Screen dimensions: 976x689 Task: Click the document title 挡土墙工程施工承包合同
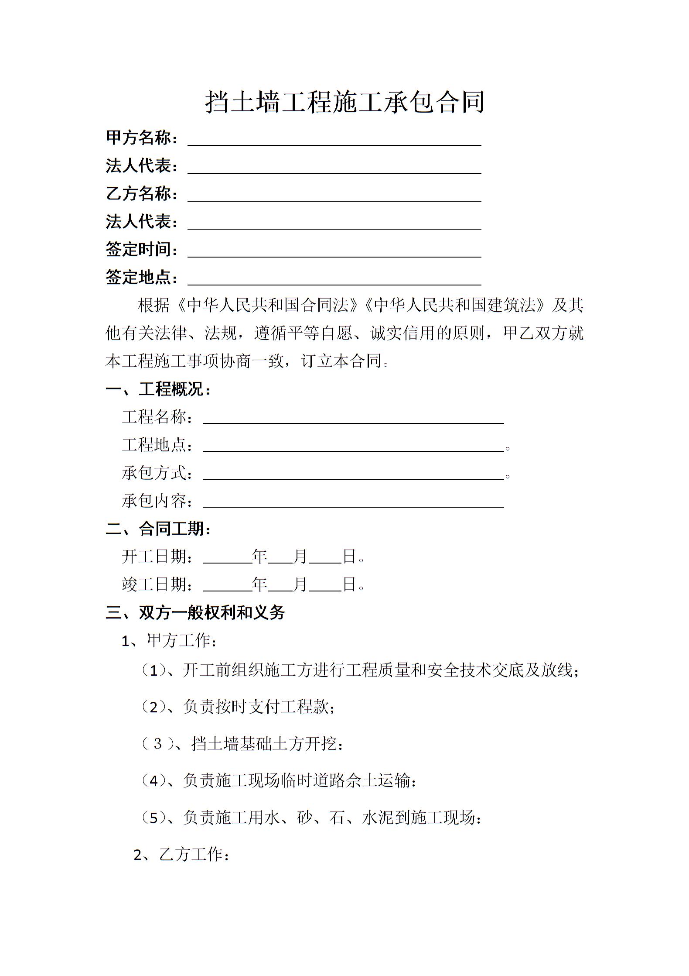pos(344,103)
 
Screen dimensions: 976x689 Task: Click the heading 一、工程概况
pos(158,389)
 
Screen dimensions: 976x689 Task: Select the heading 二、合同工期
pos(158,529)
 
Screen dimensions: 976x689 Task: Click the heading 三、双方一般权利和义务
pos(195,612)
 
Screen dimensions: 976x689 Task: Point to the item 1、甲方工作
pos(169,640)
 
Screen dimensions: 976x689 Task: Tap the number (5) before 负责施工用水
pos(154,818)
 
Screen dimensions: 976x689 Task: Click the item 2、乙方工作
pos(181,854)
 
